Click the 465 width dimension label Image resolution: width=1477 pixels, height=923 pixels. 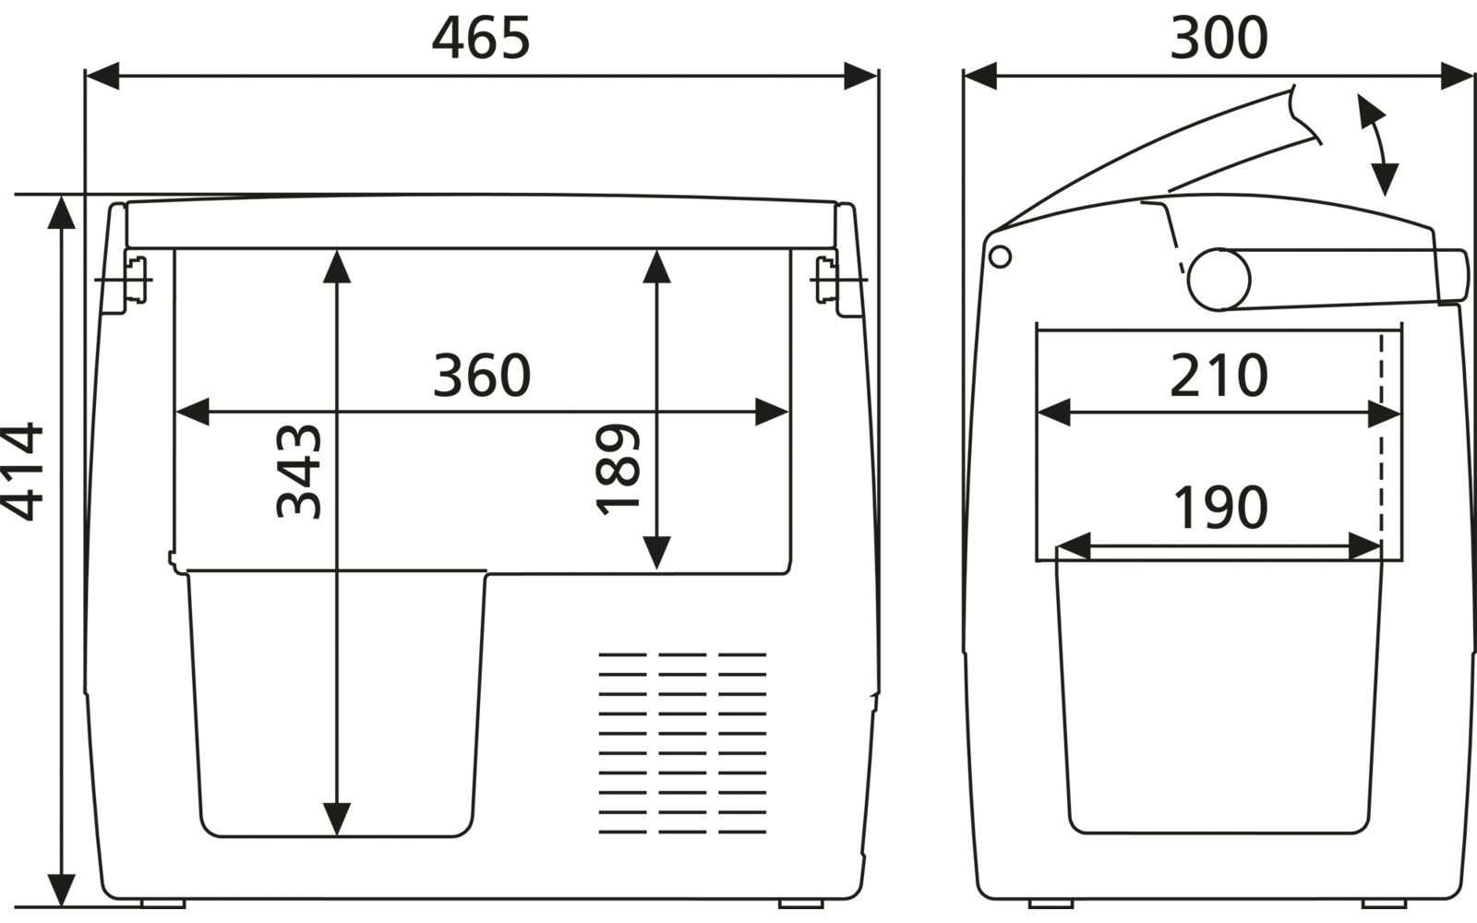pos(481,38)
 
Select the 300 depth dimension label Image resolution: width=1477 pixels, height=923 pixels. pos(1219,38)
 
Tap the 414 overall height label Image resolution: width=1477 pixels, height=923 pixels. pos(22,472)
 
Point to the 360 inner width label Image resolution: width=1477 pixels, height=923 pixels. pos(482,375)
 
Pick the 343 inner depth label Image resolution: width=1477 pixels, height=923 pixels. pos(298,472)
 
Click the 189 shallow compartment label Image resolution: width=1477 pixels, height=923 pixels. pos(618,469)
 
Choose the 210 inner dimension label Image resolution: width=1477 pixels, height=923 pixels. pos(1219,375)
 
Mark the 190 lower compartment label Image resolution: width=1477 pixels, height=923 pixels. pos(1220,507)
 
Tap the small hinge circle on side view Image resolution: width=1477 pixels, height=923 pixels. pos(1001,257)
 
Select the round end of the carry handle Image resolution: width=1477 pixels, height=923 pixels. pos(1219,280)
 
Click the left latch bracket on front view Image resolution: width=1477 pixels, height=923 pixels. pos(135,280)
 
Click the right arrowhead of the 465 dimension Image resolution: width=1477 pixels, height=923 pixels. pos(861,76)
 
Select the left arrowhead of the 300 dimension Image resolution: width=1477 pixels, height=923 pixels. pos(979,76)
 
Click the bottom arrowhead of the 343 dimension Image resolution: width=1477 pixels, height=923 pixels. pos(337,820)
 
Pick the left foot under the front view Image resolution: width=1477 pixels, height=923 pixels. pos(162,904)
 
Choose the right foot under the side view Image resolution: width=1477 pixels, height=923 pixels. pos(1384,904)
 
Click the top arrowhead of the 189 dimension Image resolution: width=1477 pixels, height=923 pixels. pos(656,267)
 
